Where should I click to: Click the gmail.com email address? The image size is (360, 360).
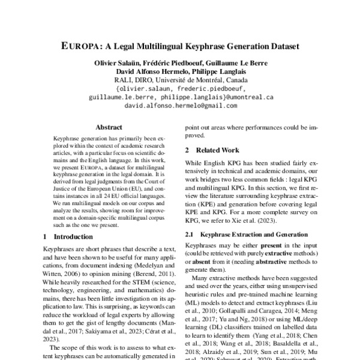point(181,104)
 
